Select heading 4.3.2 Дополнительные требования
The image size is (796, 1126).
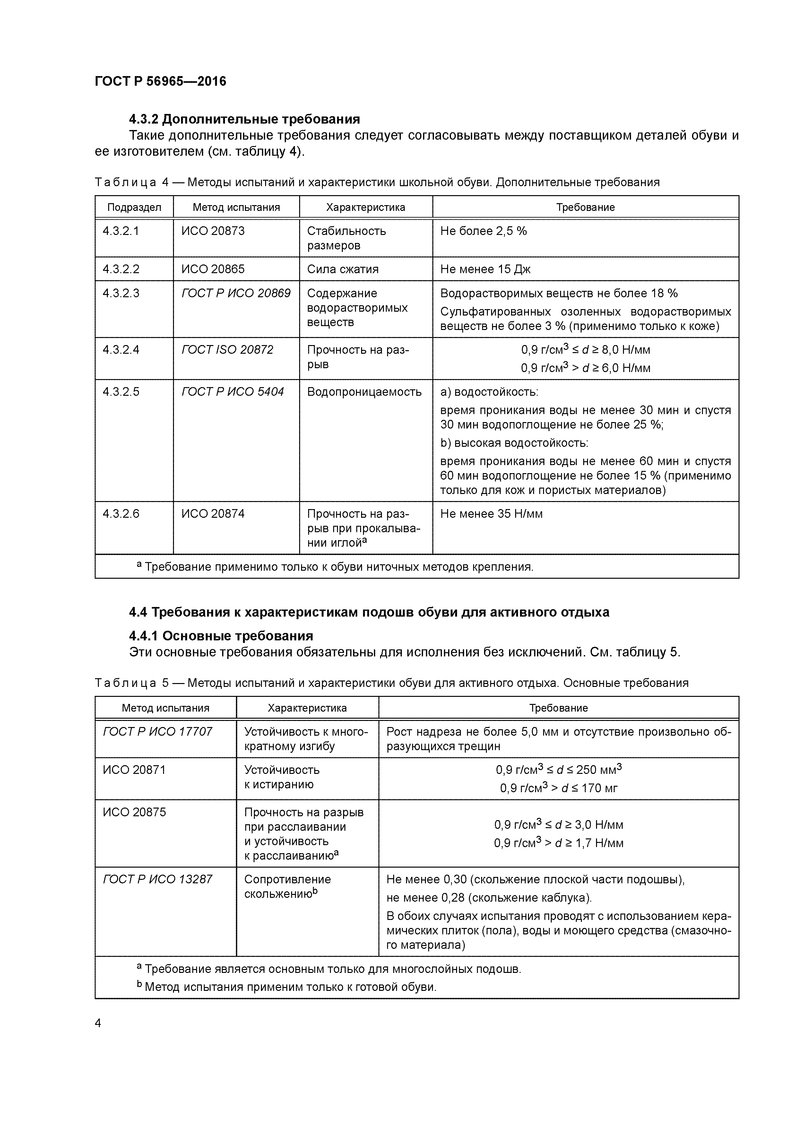point(244,119)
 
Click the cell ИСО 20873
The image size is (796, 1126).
point(213,231)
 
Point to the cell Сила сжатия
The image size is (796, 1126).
point(342,269)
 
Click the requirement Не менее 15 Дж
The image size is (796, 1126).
point(485,269)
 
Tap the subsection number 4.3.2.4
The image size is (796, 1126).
point(121,350)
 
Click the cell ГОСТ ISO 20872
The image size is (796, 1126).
point(227,350)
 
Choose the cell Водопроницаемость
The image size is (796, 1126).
point(364,392)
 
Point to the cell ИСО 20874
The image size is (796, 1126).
point(213,514)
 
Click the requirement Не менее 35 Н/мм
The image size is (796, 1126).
point(491,514)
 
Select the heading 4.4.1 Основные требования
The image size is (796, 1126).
point(221,636)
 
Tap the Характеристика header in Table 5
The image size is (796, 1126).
point(307,708)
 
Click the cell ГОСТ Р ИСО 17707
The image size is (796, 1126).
point(157,732)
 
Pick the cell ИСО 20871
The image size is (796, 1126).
point(134,770)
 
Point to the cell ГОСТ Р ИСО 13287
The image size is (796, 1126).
point(157,879)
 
